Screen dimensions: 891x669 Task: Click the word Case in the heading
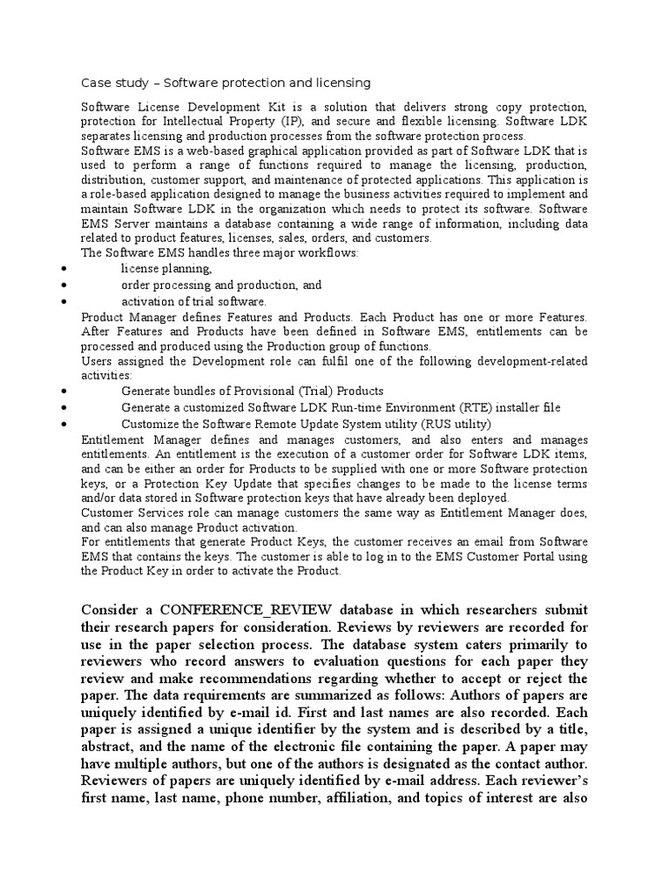[95, 83]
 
